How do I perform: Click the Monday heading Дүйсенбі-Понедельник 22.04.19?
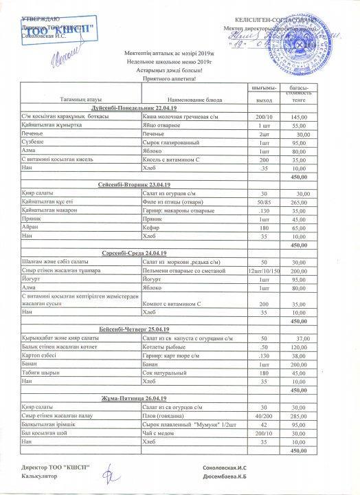click(x=130, y=109)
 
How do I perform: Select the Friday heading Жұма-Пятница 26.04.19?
click(x=130, y=399)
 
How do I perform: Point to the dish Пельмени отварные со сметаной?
click(x=181, y=269)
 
